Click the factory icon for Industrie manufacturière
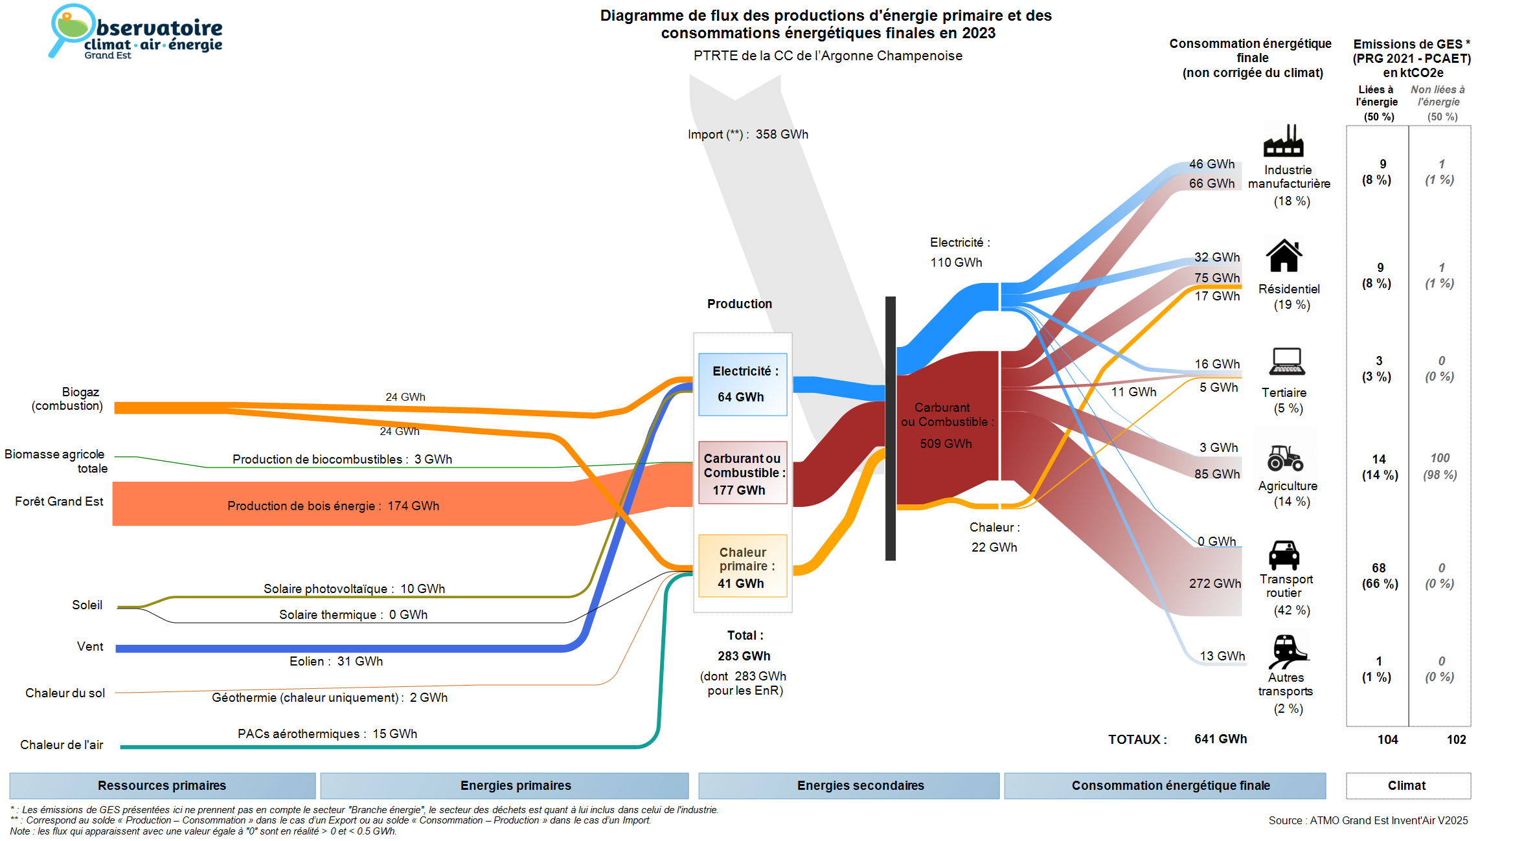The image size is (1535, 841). (x=1283, y=140)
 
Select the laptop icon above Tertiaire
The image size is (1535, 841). (x=1286, y=361)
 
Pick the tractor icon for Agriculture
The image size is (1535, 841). (x=1285, y=458)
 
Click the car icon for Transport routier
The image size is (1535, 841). (x=1284, y=555)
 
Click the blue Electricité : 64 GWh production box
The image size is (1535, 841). (x=742, y=384)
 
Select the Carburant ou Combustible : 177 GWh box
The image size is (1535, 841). (x=742, y=473)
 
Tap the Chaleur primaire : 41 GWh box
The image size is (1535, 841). (x=742, y=566)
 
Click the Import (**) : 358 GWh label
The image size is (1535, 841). (x=748, y=135)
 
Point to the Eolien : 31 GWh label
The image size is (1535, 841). (x=336, y=661)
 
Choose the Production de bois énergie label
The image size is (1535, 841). (x=333, y=506)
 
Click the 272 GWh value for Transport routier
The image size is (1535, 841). (x=1214, y=583)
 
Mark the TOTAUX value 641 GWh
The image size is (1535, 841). (x=1220, y=739)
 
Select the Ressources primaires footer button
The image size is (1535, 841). (x=162, y=785)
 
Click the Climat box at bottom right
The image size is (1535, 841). (x=1407, y=785)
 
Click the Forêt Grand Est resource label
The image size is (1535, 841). (x=59, y=501)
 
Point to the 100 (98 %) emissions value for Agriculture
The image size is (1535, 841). (x=1440, y=466)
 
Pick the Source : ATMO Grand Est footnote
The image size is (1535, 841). (x=1368, y=820)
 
